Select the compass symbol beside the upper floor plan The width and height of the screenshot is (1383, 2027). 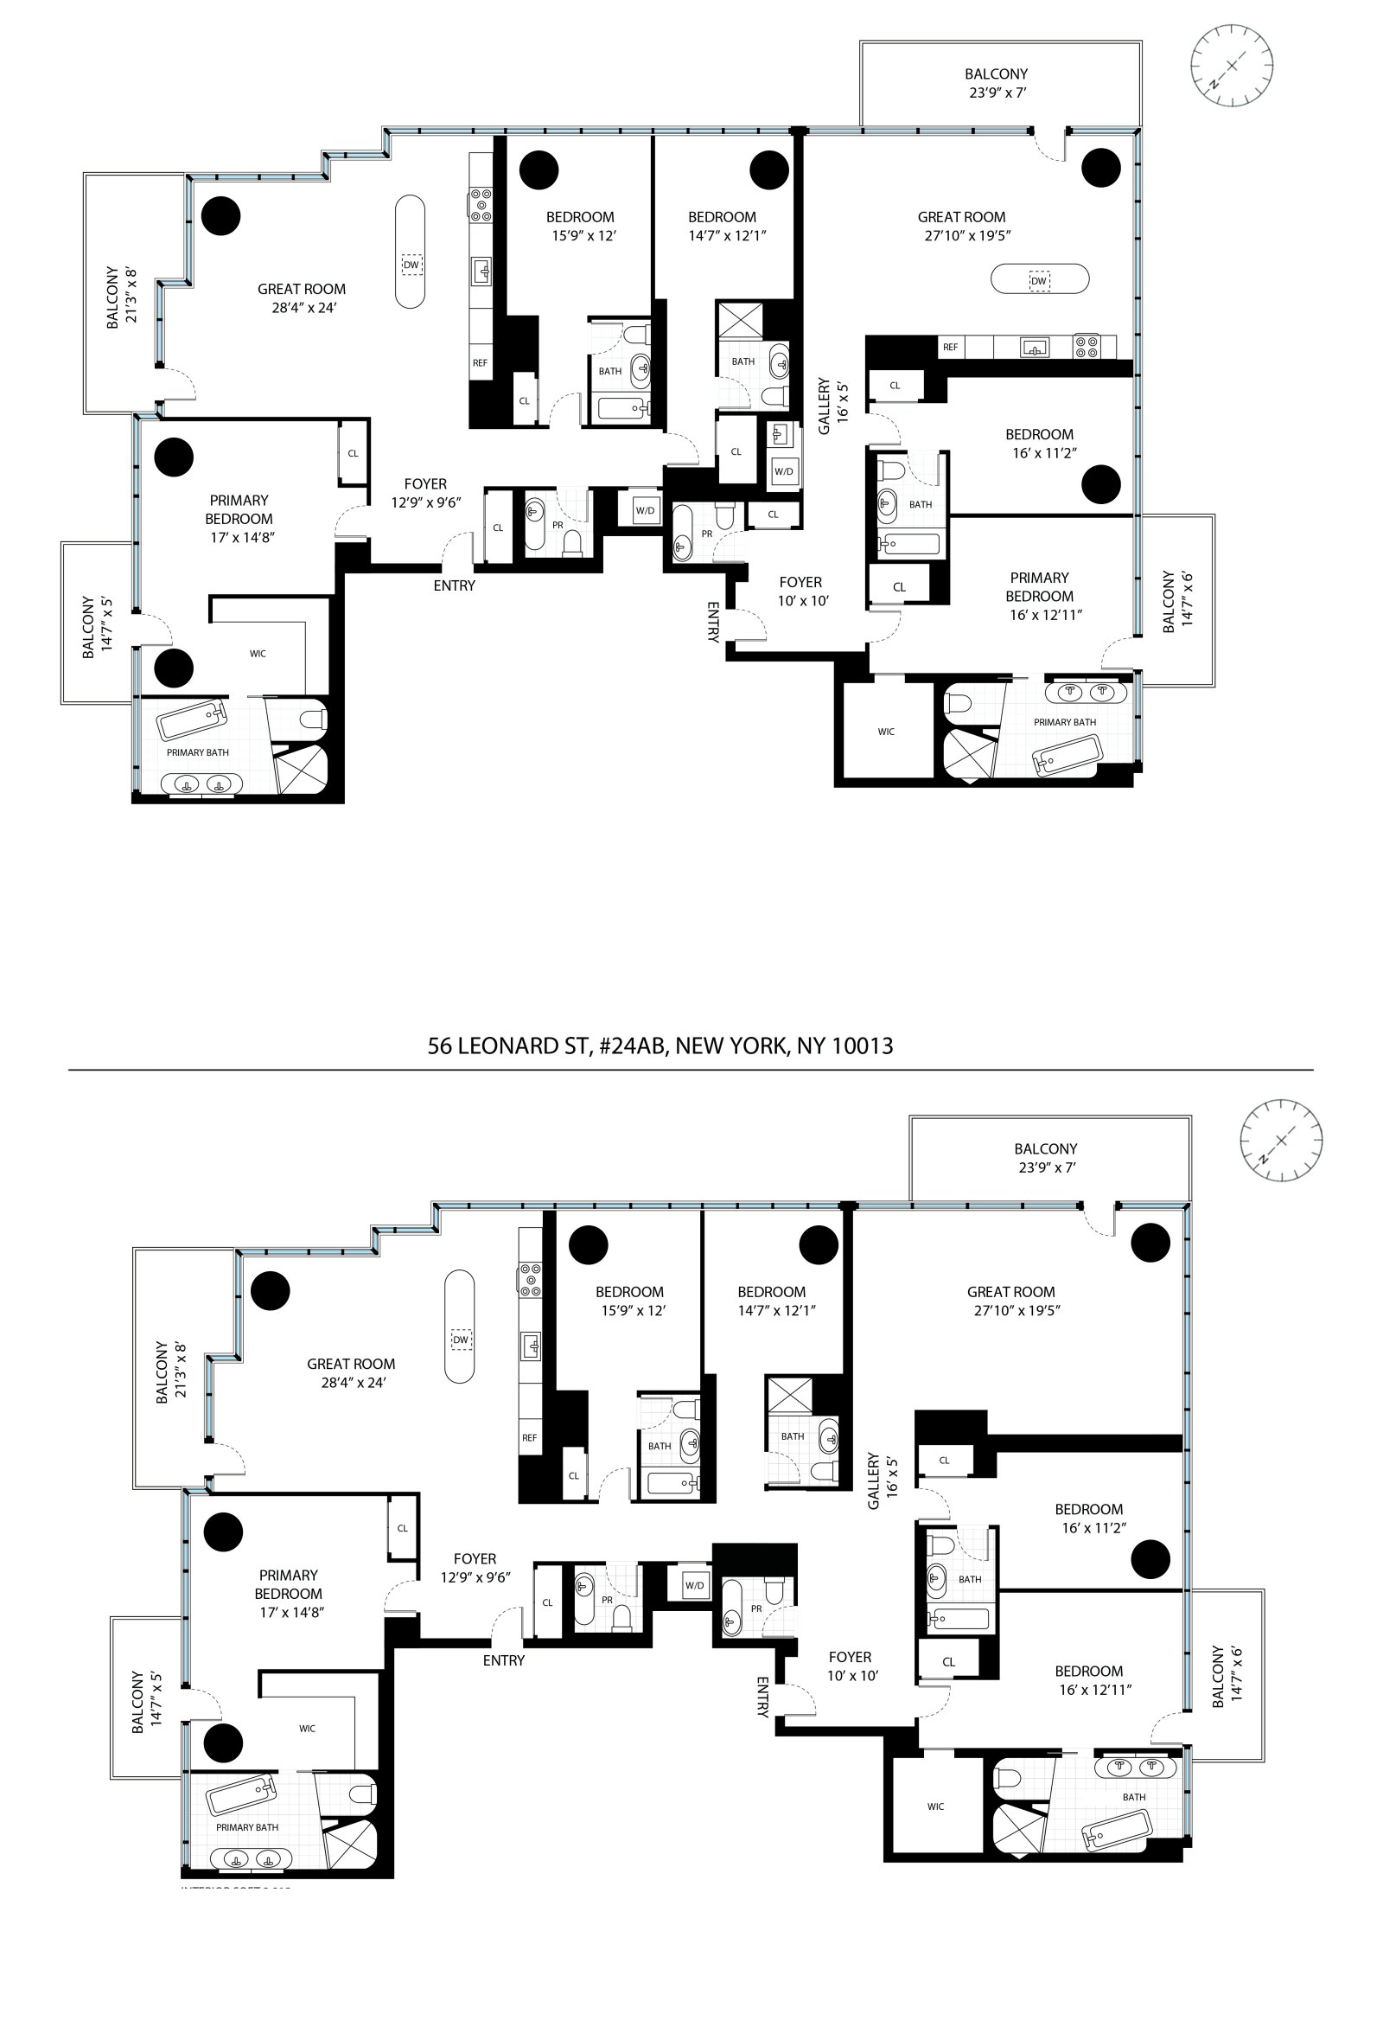coord(1231,66)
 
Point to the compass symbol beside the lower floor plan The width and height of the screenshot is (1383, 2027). coord(1281,1140)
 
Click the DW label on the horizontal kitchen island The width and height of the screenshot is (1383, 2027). coord(1038,281)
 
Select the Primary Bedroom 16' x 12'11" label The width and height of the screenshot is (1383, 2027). coord(1039,596)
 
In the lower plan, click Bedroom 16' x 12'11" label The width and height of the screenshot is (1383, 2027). coord(1088,1680)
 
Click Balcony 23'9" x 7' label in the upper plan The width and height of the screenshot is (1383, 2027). coord(996,83)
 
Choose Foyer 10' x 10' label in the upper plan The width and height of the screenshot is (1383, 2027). coord(801,591)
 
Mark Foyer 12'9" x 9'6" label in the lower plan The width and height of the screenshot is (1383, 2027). coord(475,1567)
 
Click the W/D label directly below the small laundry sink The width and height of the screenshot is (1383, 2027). coord(783,472)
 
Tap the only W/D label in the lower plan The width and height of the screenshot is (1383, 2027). coord(694,1585)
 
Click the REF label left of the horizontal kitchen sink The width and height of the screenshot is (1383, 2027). coord(950,347)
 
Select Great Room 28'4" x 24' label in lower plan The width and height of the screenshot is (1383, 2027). coord(351,1373)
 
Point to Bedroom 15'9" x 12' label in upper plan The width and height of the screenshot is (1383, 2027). coord(581,226)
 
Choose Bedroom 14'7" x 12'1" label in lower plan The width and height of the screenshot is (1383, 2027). coord(772,1301)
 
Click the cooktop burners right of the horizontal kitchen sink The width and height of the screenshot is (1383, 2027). coord(1087,347)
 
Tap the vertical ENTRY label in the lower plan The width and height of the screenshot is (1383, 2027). coord(762,1697)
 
